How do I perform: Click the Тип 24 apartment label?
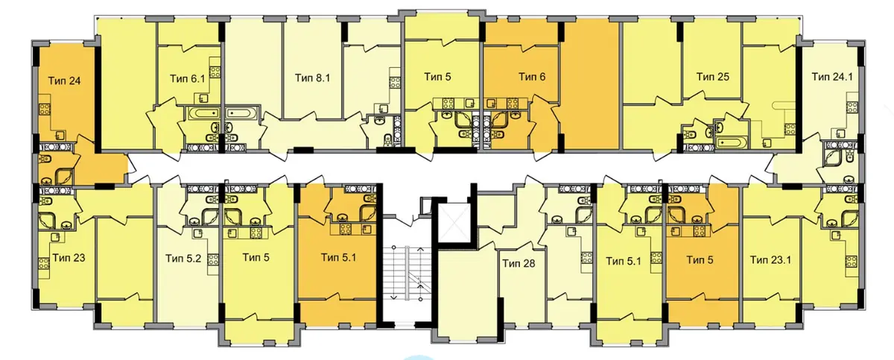click(x=64, y=81)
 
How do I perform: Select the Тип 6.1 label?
click(x=187, y=78)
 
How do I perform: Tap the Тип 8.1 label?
click(x=312, y=78)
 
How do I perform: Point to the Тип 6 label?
click(x=532, y=77)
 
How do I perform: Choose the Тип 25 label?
click(x=712, y=77)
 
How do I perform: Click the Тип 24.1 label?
click(x=832, y=77)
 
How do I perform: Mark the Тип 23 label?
click(x=69, y=258)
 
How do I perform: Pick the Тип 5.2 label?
click(x=183, y=259)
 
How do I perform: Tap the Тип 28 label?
click(x=519, y=263)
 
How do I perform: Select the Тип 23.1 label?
click(x=770, y=260)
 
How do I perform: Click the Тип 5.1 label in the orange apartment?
click(x=338, y=257)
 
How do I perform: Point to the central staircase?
click(x=407, y=273)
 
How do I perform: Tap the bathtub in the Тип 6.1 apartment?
click(x=203, y=113)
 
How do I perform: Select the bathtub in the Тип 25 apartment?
click(x=731, y=142)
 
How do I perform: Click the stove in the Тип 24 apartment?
click(x=44, y=108)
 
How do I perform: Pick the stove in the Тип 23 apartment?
click(x=44, y=263)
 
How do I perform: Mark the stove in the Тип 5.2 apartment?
click(x=213, y=260)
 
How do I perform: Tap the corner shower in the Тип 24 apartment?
click(x=64, y=177)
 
